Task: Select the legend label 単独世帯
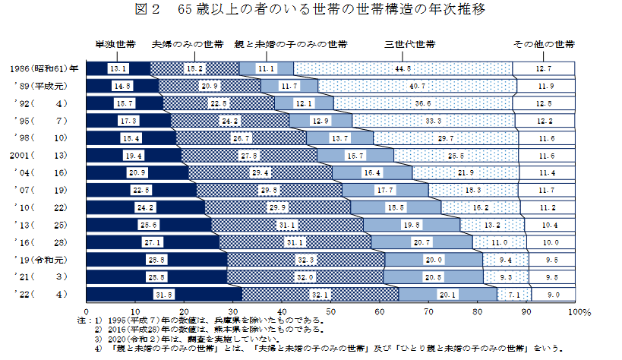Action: pyautogui.click(x=115, y=44)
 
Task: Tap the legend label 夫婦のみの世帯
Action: pyautogui.click(x=188, y=44)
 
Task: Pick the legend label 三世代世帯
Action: pyautogui.click(x=410, y=44)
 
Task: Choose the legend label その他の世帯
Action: pyautogui.click(x=544, y=44)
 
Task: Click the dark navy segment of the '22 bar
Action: pyautogui.click(x=164, y=294)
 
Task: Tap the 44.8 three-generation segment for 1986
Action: pyautogui.click(x=403, y=69)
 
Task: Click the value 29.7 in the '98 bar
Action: pyautogui.click(x=446, y=138)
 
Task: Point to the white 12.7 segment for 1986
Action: pyautogui.click(x=544, y=69)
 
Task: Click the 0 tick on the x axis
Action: pyautogui.click(x=87, y=312)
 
